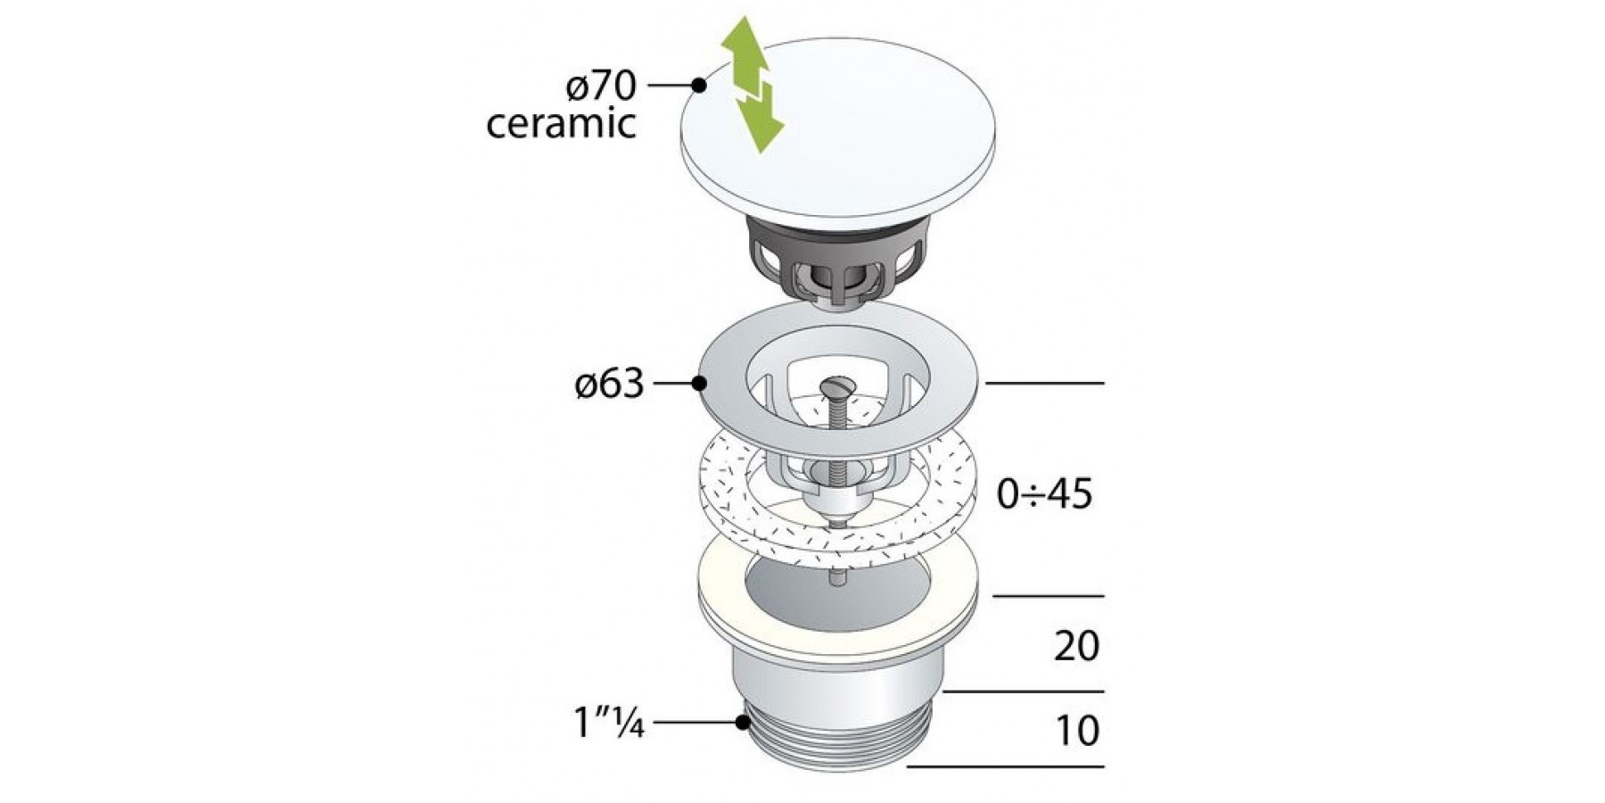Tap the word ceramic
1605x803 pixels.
561,123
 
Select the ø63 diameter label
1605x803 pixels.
609,384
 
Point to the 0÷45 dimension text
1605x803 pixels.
1045,493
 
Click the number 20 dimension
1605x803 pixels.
1077,646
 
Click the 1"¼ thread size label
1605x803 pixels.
609,723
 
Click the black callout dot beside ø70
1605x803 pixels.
699,86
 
